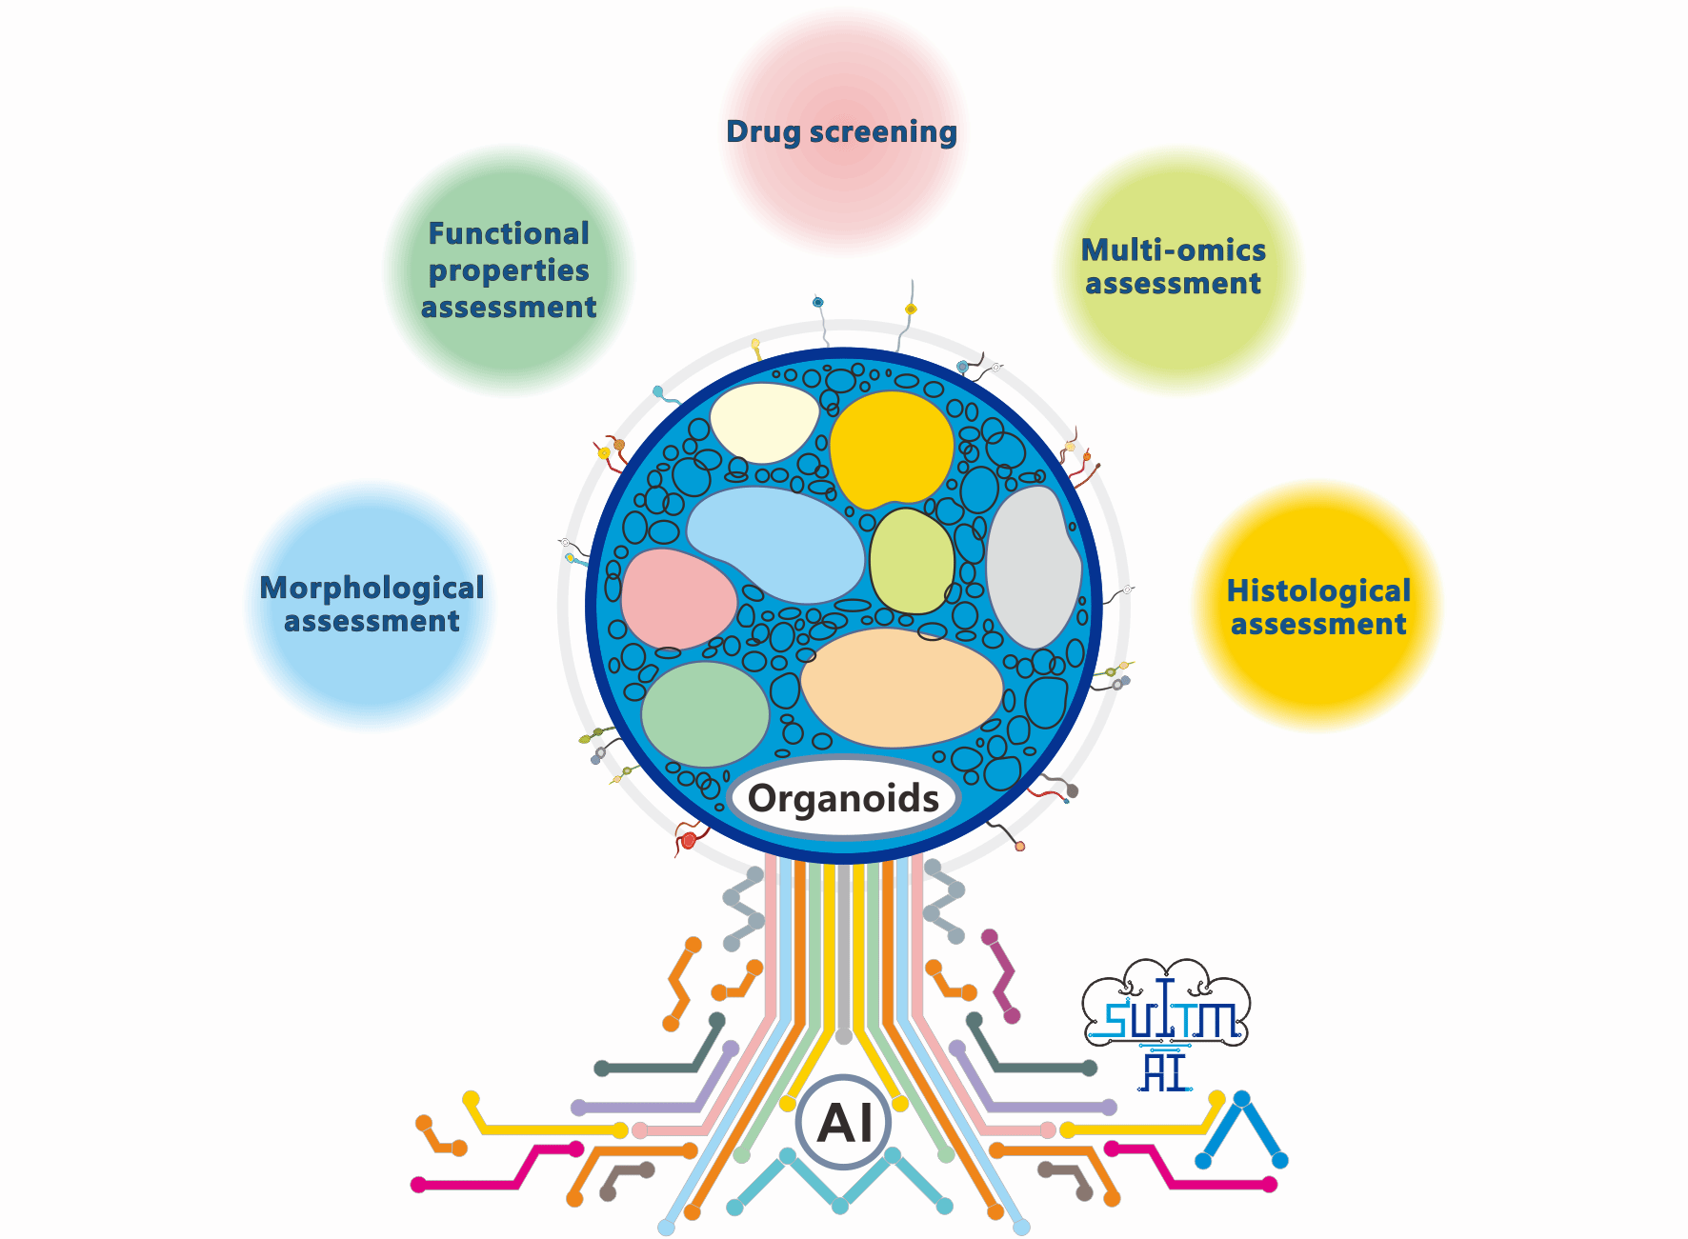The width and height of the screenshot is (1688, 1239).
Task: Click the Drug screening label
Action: pyautogui.click(x=841, y=132)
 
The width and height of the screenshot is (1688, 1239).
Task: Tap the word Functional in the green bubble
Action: pyautogui.click(x=509, y=234)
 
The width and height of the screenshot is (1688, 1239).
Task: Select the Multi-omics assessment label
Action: pyautogui.click(x=1174, y=267)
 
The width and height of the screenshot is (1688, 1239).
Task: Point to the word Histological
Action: pyautogui.click(x=1318, y=591)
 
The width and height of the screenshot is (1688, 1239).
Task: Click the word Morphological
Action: pyautogui.click(x=372, y=589)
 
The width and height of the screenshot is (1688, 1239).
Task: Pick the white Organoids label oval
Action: pyautogui.click(x=843, y=798)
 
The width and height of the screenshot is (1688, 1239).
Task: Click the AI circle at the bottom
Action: pyautogui.click(x=844, y=1123)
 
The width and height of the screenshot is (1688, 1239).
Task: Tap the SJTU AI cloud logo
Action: pyautogui.click(x=1166, y=1024)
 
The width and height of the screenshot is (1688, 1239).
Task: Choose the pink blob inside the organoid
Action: pyautogui.click(x=676, y=599)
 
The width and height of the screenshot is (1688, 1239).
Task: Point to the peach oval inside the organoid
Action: pyautogui.click(x=900, y=688)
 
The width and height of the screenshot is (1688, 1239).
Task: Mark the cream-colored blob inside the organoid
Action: pyautogui.click(x=763, y=421)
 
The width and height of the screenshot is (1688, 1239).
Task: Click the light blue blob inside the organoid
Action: pyautogui.click(x=776, y=543)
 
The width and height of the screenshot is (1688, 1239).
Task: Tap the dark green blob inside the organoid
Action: pyautogui.click(x=705, y=713)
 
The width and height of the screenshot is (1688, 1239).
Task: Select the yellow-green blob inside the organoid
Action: pyautogui.click(x=912, y=562)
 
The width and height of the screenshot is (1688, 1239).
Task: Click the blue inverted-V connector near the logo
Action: pyautogui.click(x=1242, y=1129)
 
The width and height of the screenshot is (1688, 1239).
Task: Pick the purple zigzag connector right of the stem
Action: pyautogui.click(x=1001, y=977)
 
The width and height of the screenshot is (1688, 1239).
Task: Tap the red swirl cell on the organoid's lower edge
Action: pyautogui.click(x=688, y=840)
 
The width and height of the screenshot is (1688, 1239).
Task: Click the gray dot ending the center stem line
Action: pyautogui.click(x=843, y=1035)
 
